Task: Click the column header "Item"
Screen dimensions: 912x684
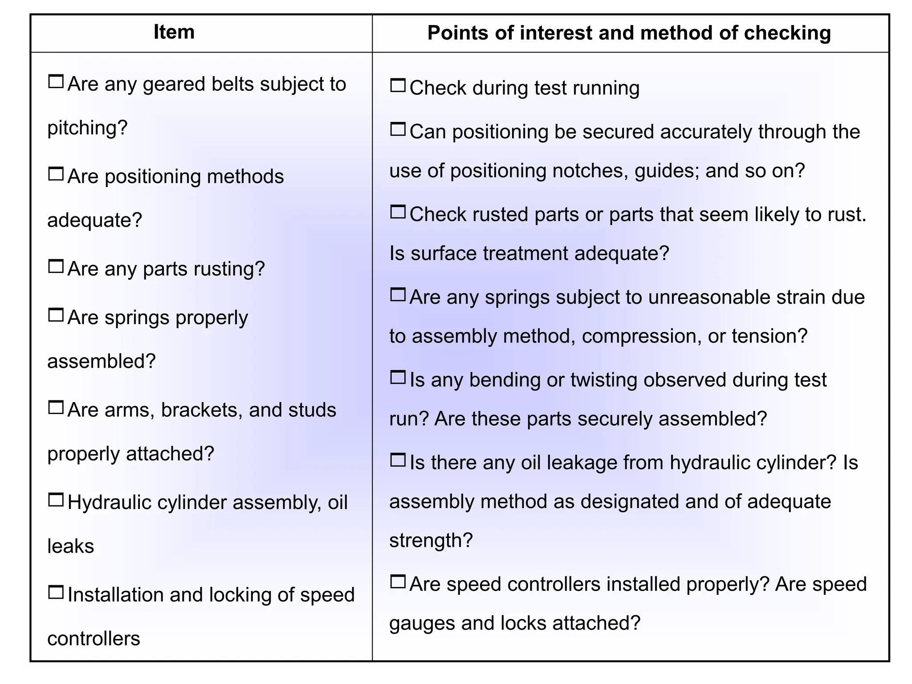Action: pos(174,32)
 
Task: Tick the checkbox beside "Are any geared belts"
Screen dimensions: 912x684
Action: pos(56,81)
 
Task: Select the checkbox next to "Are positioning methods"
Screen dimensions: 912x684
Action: pos(56,174)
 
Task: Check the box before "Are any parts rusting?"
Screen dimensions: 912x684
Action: pos(56,266)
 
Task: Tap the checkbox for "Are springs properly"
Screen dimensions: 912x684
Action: pos(56,315)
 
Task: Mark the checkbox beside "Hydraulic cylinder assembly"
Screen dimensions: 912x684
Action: pos(56,500)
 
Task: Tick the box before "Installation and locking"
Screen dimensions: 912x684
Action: pos(56,592)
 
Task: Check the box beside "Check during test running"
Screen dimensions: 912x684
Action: pos(398,85)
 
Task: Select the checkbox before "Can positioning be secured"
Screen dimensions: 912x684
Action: pos(398,129)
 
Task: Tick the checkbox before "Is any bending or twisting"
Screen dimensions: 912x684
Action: pos(398,378)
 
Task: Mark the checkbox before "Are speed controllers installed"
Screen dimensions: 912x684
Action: pos(398,582)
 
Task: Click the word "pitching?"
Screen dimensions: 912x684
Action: pos(87,128)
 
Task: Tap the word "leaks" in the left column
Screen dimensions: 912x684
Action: pos(70,546)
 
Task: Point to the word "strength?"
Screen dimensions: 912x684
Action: pos(431,541)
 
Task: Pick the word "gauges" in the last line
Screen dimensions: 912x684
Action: pos(422,623)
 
